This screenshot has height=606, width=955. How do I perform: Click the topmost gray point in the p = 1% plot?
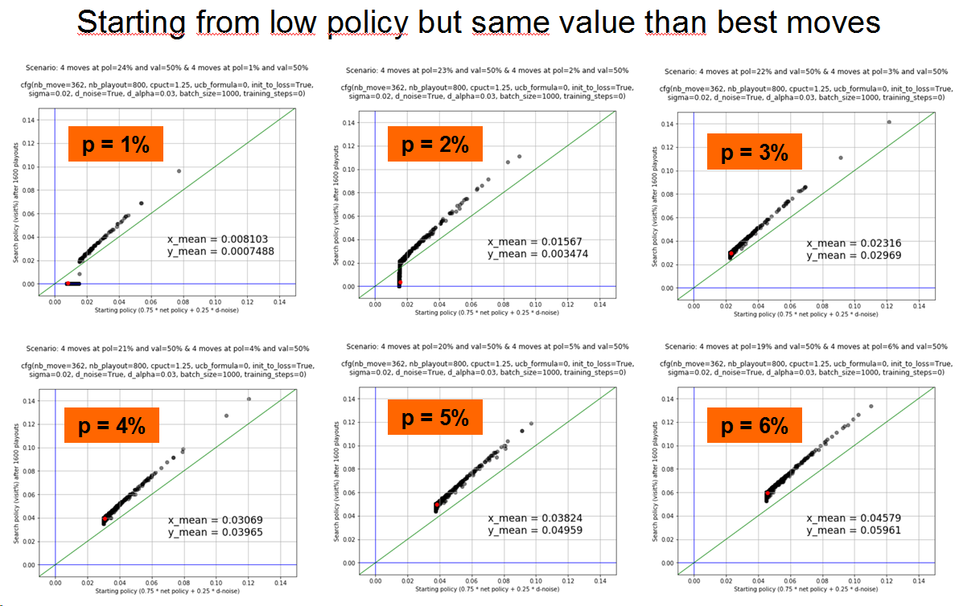click(x=179, y=170)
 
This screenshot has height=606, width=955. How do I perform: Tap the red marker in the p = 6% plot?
click(x=768, y=493)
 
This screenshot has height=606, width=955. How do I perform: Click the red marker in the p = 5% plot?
click(x=437, y=505)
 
